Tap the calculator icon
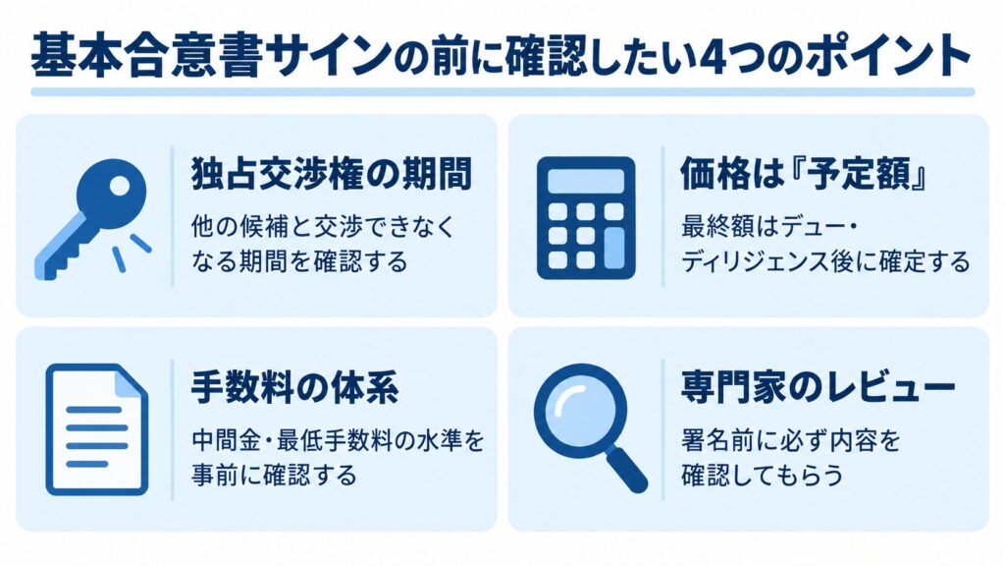586,218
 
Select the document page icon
97,429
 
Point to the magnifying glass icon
590,426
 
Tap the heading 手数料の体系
294,387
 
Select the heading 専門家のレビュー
818,387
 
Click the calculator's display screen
586,181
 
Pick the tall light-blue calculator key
614,249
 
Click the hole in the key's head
120,186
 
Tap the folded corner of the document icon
131,381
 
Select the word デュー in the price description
814,227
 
